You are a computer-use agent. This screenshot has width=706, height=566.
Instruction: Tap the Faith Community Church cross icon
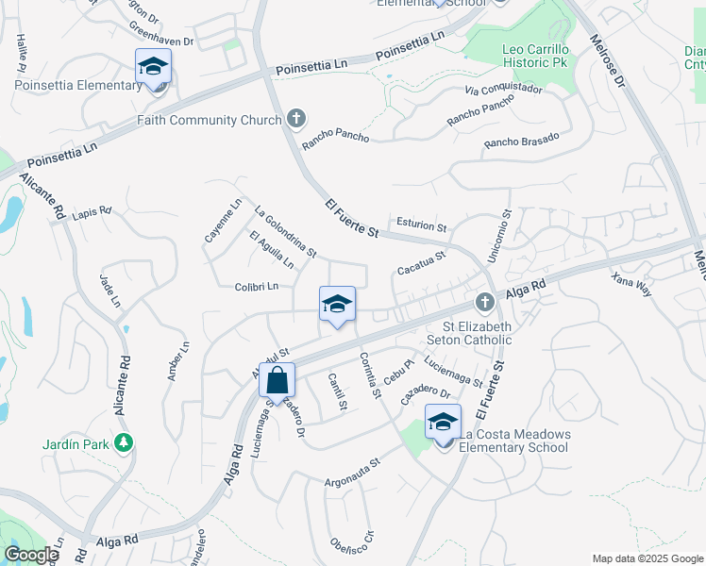pos(296,118)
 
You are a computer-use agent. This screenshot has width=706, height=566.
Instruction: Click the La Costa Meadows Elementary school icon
pos(443,422)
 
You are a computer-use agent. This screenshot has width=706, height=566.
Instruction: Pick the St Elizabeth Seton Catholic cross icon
pos(484,303)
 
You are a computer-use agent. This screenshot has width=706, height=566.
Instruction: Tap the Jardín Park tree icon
pos(123,441)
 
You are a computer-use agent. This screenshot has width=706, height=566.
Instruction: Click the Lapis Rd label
pos(92,211)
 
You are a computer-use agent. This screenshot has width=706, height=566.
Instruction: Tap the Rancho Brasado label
pos(521,140)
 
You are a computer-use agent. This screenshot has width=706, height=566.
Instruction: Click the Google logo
pos(30,555)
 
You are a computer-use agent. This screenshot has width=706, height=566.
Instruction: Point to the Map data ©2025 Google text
pos(647,558)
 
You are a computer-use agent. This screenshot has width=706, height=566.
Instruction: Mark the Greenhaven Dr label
pos(161,41)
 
